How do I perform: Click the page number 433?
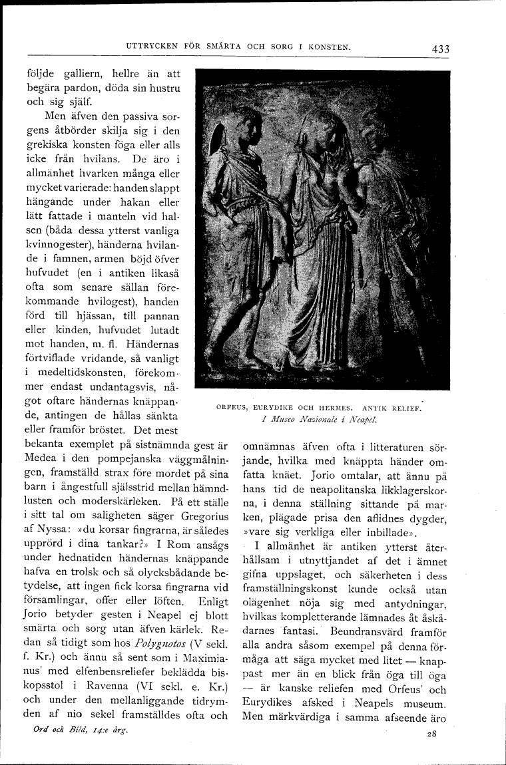[440, 49]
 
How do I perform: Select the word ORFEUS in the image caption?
[232, 408]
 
